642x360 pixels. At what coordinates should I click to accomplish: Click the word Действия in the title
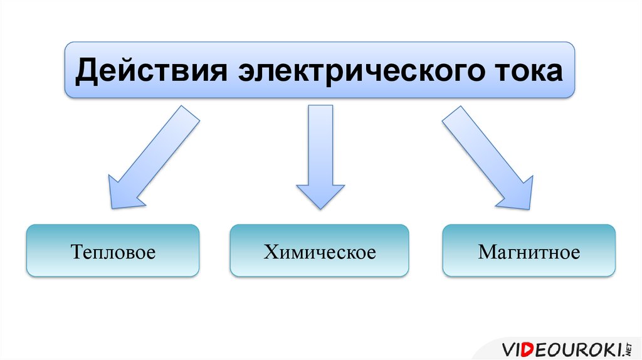pyautogui.click(x=150, y=71)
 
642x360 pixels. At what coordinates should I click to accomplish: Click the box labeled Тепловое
pyautogui.click(x=113, y=251)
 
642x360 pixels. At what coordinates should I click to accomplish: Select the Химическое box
pyautogui.click(x=319, y=251)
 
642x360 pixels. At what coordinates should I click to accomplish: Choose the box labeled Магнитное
pyautogui.click(x=529, y=251)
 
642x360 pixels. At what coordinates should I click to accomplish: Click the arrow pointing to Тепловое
pyautogui.click(x=154, y=157)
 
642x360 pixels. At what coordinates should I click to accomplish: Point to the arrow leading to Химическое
pyautogui.click(x=320, y=157)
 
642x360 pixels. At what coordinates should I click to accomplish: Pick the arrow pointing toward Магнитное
pyautogui.click(x=488, y=157)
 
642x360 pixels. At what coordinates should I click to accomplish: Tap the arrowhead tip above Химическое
pyautogui.click(x=320, y=209)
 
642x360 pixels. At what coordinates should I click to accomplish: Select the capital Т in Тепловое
pyautogui.click(x=78, y=251)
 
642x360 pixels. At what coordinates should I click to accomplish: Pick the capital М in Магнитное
pyautogui.click(x=487, y=251)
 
